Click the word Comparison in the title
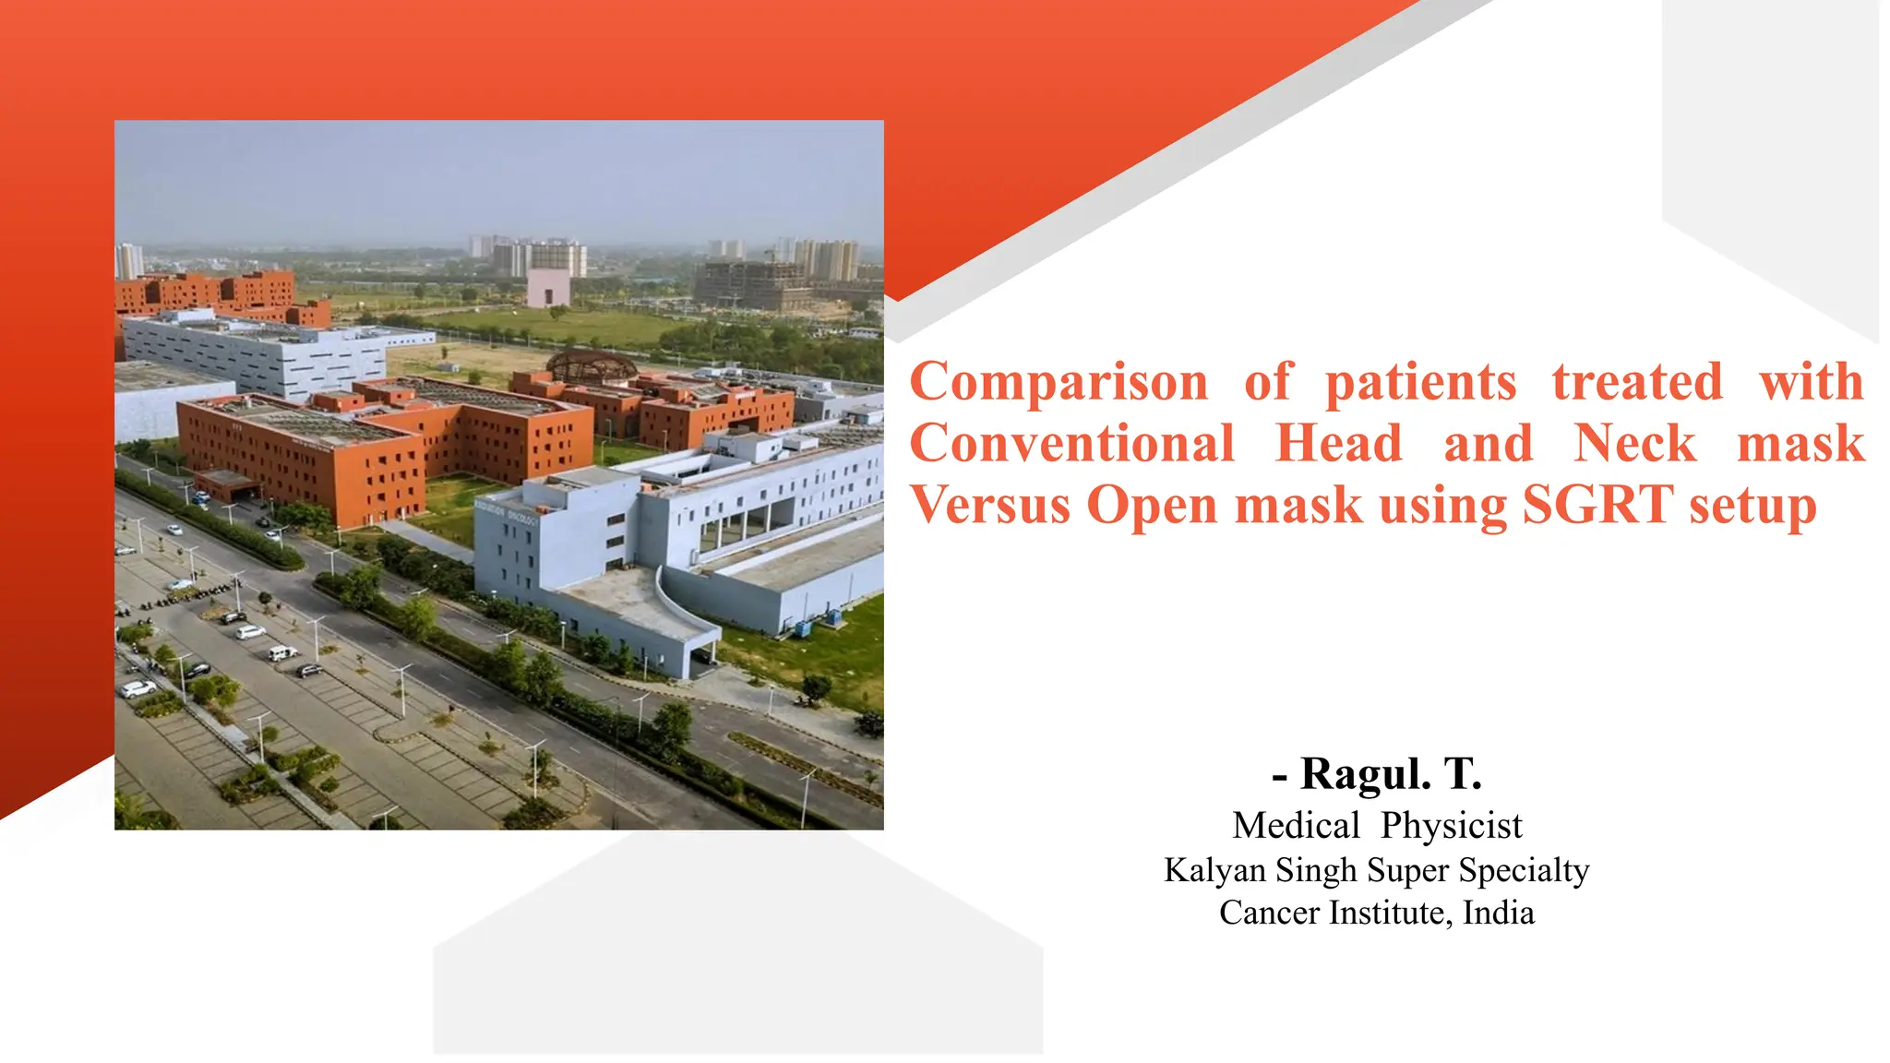click(x=1059, y=383)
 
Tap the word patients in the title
click(x=1420, y=383)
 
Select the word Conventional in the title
click(x=1071, y=444)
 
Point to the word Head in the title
click(x=1338, y=444)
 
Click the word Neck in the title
click(x=1634, y=444)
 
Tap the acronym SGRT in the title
click(x=1597, y=506)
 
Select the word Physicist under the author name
click(x=1452, y=826)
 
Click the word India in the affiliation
click(x=1499, y=913)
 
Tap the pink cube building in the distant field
click(x=547, y=288)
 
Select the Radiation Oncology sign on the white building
click(x=508, y=514)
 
